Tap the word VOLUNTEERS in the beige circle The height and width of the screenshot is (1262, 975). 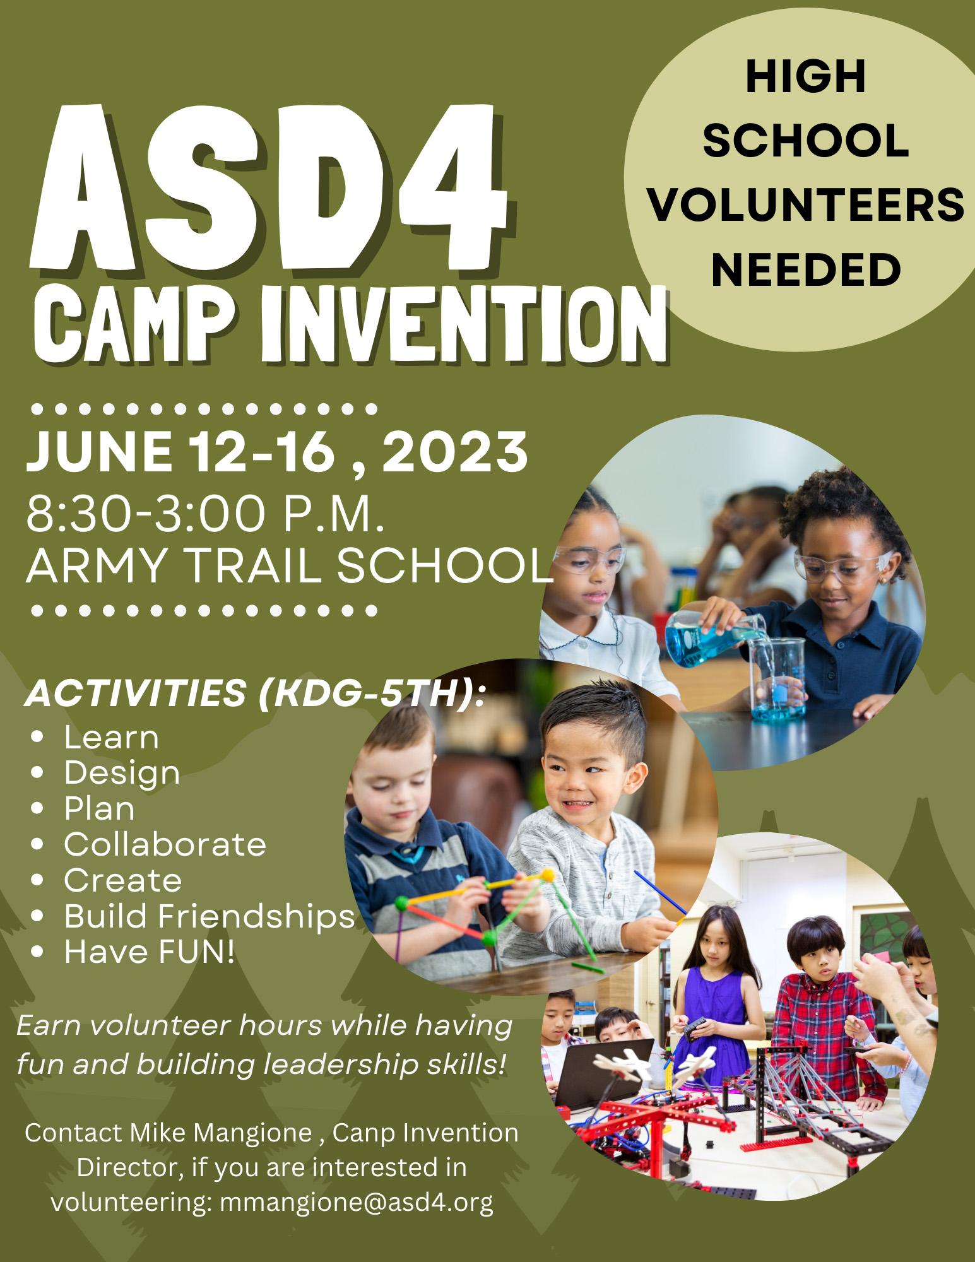[x=807, y=208]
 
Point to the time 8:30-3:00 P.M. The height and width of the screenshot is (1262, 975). [x=205, y=514]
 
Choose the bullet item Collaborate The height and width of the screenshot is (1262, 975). [x=165, y=844]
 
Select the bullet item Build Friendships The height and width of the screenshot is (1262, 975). [x=210, y=916]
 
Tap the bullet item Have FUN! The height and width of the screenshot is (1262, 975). [x=149, y=952]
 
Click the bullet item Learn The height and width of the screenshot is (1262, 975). [x=111, y=737]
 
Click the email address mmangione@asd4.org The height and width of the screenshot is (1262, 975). [x=357, y=1203]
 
